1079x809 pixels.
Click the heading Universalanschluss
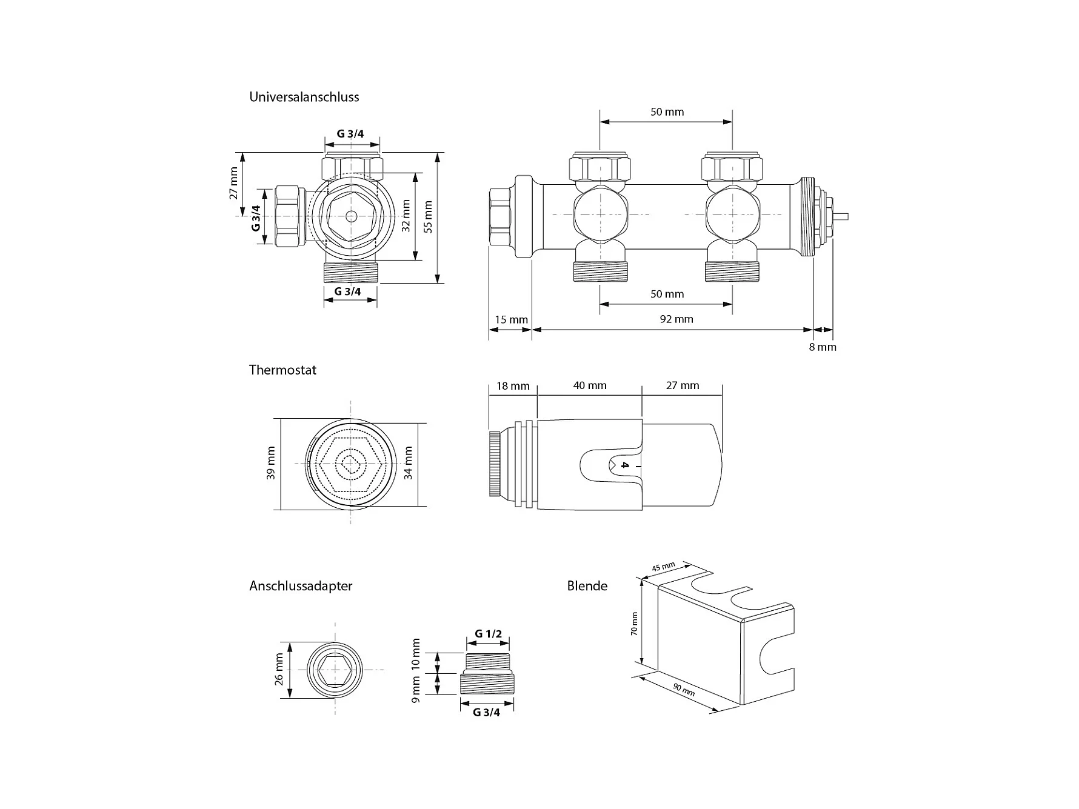(x=304, y=97)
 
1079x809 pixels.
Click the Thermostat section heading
(x=282, y=370)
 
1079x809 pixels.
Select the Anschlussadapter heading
(x=301, y=586)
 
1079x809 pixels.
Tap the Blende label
(x=587, y=586)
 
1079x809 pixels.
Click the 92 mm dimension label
(x=676, y=319)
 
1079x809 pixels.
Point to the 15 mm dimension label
(x=511, y=319)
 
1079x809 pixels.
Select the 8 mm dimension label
(x=823, y=347)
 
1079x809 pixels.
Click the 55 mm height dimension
(x=429, y=218)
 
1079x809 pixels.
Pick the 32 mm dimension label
(x=406, y=216)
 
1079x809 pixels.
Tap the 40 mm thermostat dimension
(x=590, y=385)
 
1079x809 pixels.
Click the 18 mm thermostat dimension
(x=513, y=386)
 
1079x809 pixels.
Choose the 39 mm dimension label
(x=270, y=464)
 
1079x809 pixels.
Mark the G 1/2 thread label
(x=488, y=634)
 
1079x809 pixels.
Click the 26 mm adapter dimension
(x=279, y=670)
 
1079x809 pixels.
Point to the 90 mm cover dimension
(x=684, y=690)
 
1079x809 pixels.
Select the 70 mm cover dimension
(x=634, y=624)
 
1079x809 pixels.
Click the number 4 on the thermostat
(x=625, y=465)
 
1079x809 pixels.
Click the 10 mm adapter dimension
(x=416, y=653)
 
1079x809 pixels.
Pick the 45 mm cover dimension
(x=663, y=567)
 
